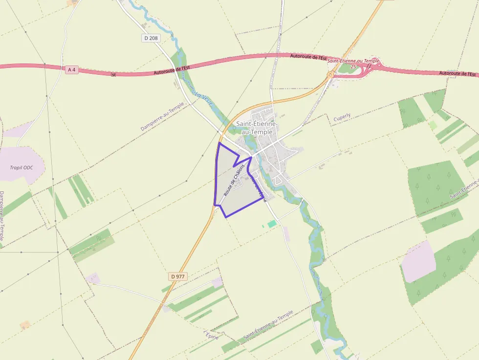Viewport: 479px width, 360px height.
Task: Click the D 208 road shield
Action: point(152,38)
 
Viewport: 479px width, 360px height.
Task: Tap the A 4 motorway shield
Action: point(72,69)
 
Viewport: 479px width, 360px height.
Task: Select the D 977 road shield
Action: point(178,276)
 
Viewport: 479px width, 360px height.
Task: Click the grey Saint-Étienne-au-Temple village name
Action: point(257,127)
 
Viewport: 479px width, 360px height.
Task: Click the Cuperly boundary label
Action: point(342,117)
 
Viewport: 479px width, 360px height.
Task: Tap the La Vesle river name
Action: point(204,100)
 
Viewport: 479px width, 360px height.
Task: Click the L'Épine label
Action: point(211,335)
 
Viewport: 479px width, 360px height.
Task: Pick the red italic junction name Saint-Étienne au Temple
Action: point(353,61)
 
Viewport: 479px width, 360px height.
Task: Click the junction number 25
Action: point(353,66)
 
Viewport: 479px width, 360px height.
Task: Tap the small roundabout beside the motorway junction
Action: point(330,75)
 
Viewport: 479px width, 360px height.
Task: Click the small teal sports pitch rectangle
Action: point(271,223)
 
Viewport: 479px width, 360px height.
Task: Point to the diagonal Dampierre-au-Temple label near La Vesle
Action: point(162,116)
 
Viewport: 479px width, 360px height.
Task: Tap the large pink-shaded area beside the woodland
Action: point(418,261)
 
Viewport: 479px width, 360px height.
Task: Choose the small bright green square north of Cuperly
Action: point(433,125)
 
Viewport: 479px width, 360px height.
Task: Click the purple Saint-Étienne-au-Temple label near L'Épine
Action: point(268,326)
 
